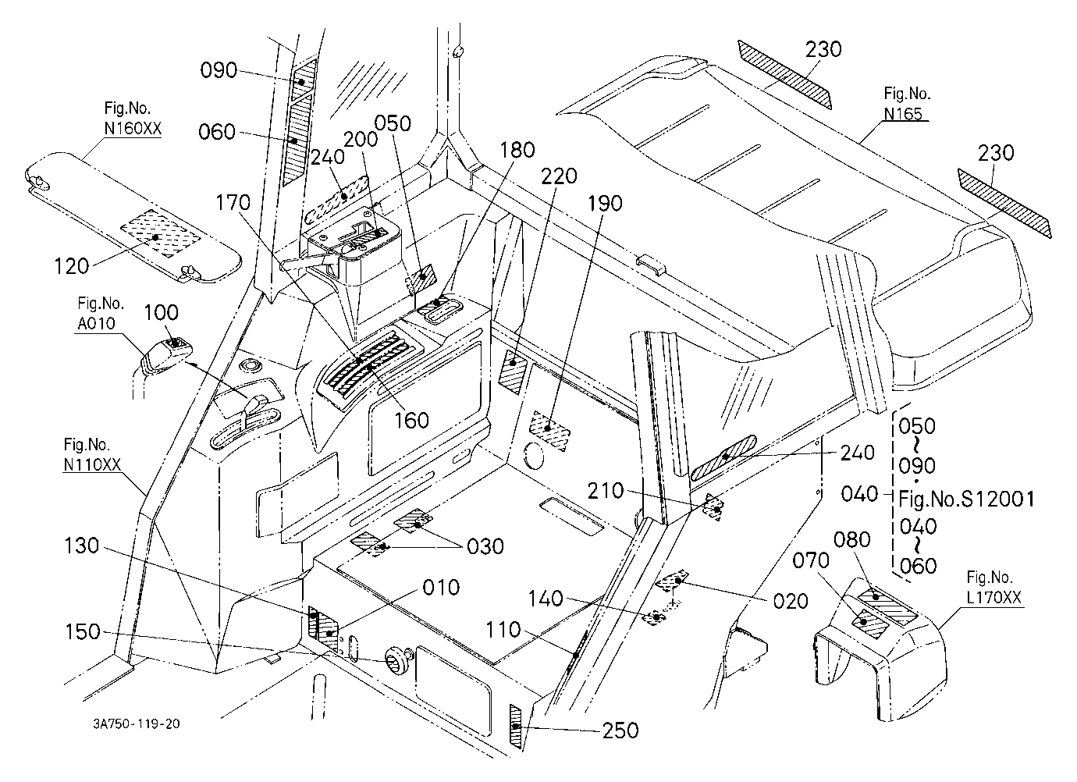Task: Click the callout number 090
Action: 219,71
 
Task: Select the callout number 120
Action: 72,266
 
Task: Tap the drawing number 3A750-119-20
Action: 137,723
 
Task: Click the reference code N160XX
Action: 133,129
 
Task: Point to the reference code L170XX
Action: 993,597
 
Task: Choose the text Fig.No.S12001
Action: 966,499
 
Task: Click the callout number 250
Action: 620,730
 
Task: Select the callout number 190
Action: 606,204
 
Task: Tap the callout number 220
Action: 559,176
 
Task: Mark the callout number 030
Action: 485,547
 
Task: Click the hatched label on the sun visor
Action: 159,234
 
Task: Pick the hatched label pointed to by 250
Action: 515,727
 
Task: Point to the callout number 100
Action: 162,313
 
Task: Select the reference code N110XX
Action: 92,464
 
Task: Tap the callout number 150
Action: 83,631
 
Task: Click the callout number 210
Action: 606,491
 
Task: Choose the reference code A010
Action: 97,323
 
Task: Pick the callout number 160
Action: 411,421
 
